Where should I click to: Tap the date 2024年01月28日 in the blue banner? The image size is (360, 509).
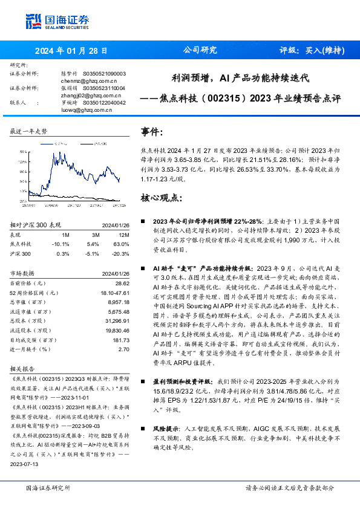(x=71, y=51)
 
